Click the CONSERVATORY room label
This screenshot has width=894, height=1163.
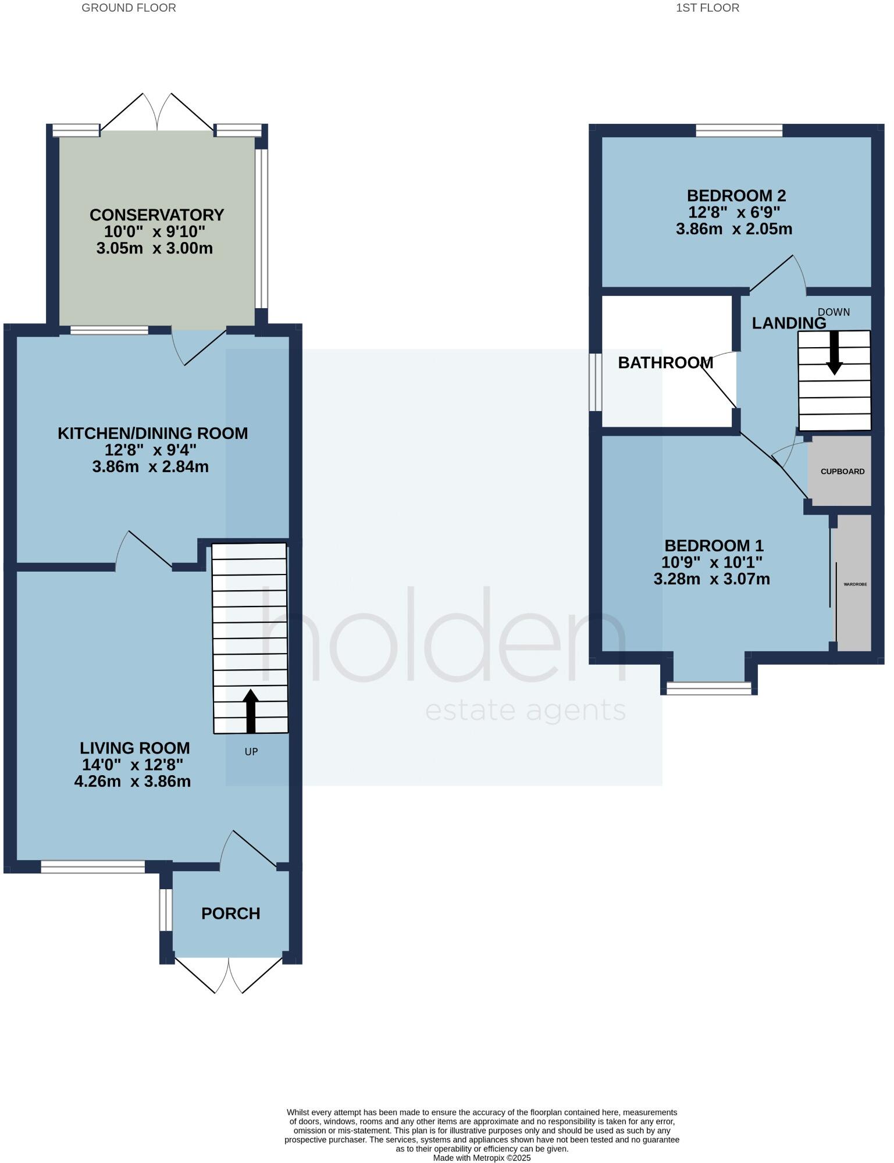(156, 215)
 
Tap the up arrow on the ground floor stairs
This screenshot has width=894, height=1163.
(251, 711)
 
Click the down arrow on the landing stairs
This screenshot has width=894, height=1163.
(835, 352)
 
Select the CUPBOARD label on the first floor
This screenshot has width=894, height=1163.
(842, 472)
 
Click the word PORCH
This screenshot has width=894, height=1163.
(230, 914)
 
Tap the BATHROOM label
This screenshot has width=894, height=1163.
(665, 363)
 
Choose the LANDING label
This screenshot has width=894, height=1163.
(789, 323)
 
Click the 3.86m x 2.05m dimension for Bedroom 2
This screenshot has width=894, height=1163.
(733, 229)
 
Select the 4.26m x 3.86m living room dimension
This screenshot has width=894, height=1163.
(133, 782)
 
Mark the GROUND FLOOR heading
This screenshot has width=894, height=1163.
(129, 8)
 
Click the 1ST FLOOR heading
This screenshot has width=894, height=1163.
(707, 8)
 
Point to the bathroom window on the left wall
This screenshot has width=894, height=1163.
(595, 382)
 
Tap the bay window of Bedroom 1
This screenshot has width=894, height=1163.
(708, 688)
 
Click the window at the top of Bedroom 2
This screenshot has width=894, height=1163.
(739, 130)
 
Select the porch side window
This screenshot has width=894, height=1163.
(166, 909)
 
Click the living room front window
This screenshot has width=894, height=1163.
(92, 867)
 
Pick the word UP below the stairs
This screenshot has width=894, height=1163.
(251, 752)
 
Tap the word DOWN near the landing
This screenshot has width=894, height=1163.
(834, 312)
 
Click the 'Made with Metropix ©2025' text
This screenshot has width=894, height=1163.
(482, 1158)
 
